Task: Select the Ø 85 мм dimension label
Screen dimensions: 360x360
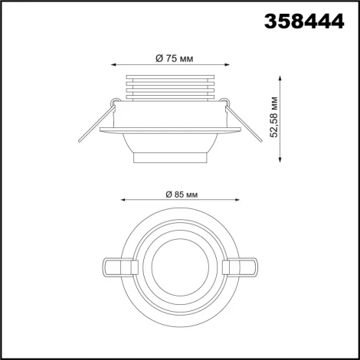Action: point(182,194)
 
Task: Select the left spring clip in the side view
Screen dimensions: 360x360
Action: point(94,123)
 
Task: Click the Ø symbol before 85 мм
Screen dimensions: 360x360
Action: point(167,194)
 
